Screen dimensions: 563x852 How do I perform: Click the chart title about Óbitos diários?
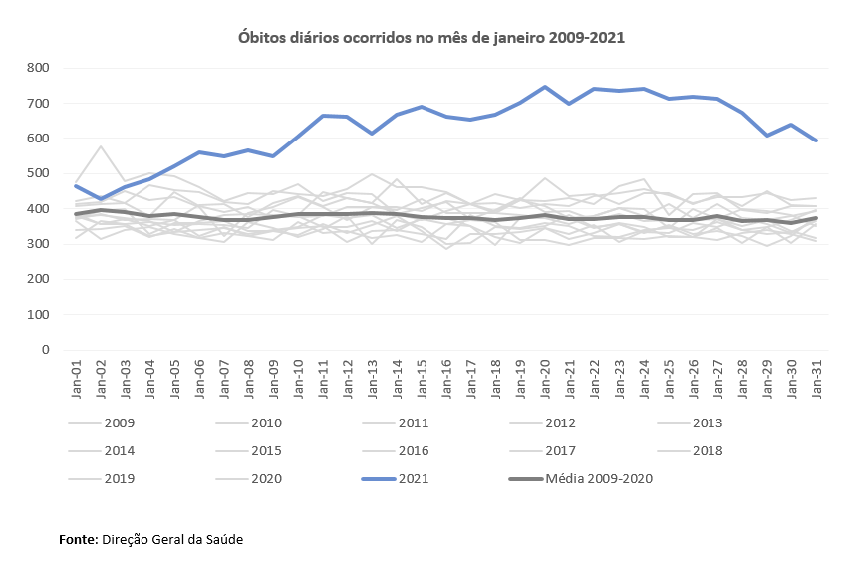pyautogui.click(x=431, y=37)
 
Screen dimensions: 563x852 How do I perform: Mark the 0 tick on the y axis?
pyautogui.click(x=45, y=350)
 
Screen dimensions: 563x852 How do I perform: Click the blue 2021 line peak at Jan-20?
pyautogui.click(x=545, y=87)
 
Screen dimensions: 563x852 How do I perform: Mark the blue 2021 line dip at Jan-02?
pyautogui.click(x=101, y=199)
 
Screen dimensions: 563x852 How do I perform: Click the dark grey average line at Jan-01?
pyautogui.click(x=77, y=214)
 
